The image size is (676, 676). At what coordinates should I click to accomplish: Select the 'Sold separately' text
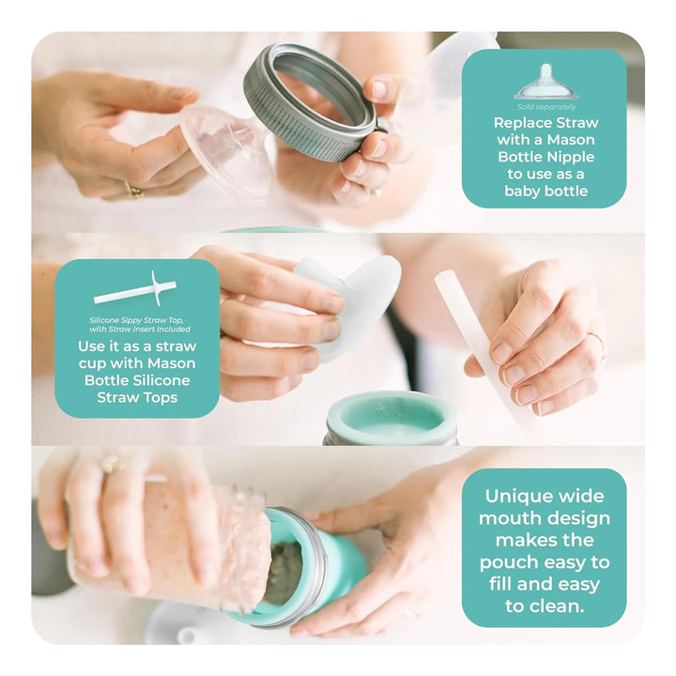(x=546, y=107)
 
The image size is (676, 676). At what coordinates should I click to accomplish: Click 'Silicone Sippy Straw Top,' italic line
(x=137, y=320)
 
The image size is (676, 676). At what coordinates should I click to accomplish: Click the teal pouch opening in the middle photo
(x=391, y=417)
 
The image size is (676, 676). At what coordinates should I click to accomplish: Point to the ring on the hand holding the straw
(x=597, y=342)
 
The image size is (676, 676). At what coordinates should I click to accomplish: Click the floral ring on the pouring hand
(x=113, y=464)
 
